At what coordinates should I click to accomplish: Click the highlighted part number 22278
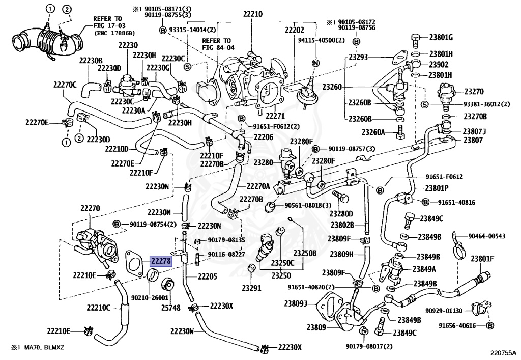[x=161, y=261]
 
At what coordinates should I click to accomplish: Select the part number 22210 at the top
[x=252, y=14]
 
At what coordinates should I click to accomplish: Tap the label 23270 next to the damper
[x=474, y=92]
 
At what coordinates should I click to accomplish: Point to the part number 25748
[x=171, y=308]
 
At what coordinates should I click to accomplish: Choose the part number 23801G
[x=441, y=37]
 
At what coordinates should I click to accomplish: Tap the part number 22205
[x=208, y=276]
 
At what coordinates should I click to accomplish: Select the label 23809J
[x=296, y=303]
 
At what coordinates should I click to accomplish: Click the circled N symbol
[x=315, y=63]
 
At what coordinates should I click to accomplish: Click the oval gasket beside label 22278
[x=134, y=261]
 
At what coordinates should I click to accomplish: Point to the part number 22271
[x=275, y=116]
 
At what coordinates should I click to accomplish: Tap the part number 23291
[x=252, y=288]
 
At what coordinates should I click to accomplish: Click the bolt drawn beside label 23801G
[x=416, y=40]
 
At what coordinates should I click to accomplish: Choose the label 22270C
[x=65, y=85]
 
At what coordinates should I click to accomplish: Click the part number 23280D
[x=341, y=213]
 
